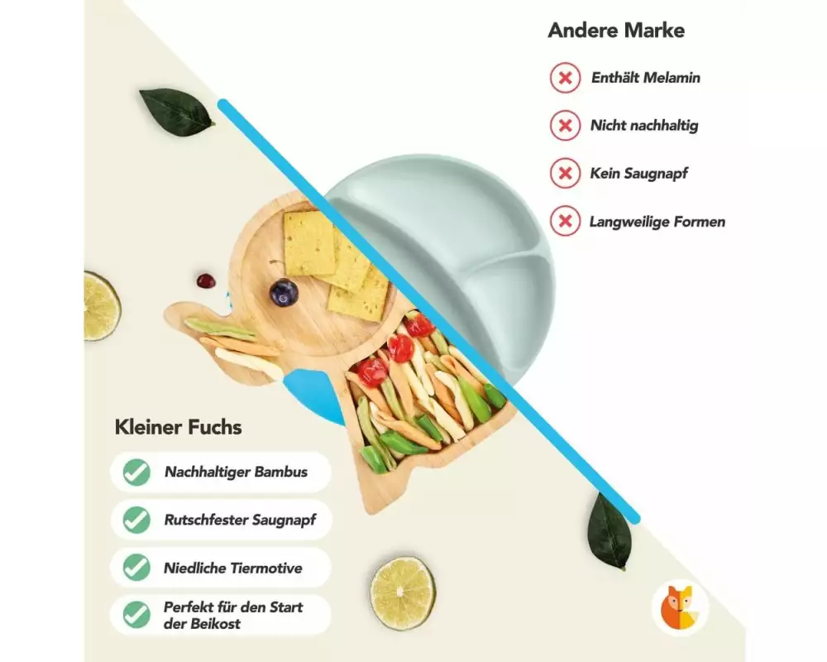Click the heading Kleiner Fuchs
pos(178,428)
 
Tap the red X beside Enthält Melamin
pos(566,79)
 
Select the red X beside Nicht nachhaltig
pos(566,126)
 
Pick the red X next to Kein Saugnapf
pos(566,174)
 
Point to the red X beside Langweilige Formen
pos(566,222)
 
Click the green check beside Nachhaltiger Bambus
pos(136,473)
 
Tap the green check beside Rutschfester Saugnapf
pos(136,520)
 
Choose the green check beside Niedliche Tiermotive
pos(136,568)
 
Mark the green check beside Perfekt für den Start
pos(136,615)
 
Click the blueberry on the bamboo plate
pos(284,292)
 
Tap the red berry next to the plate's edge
pos(206,281)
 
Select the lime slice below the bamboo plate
pos(403,592)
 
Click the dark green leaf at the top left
pos(176,112)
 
